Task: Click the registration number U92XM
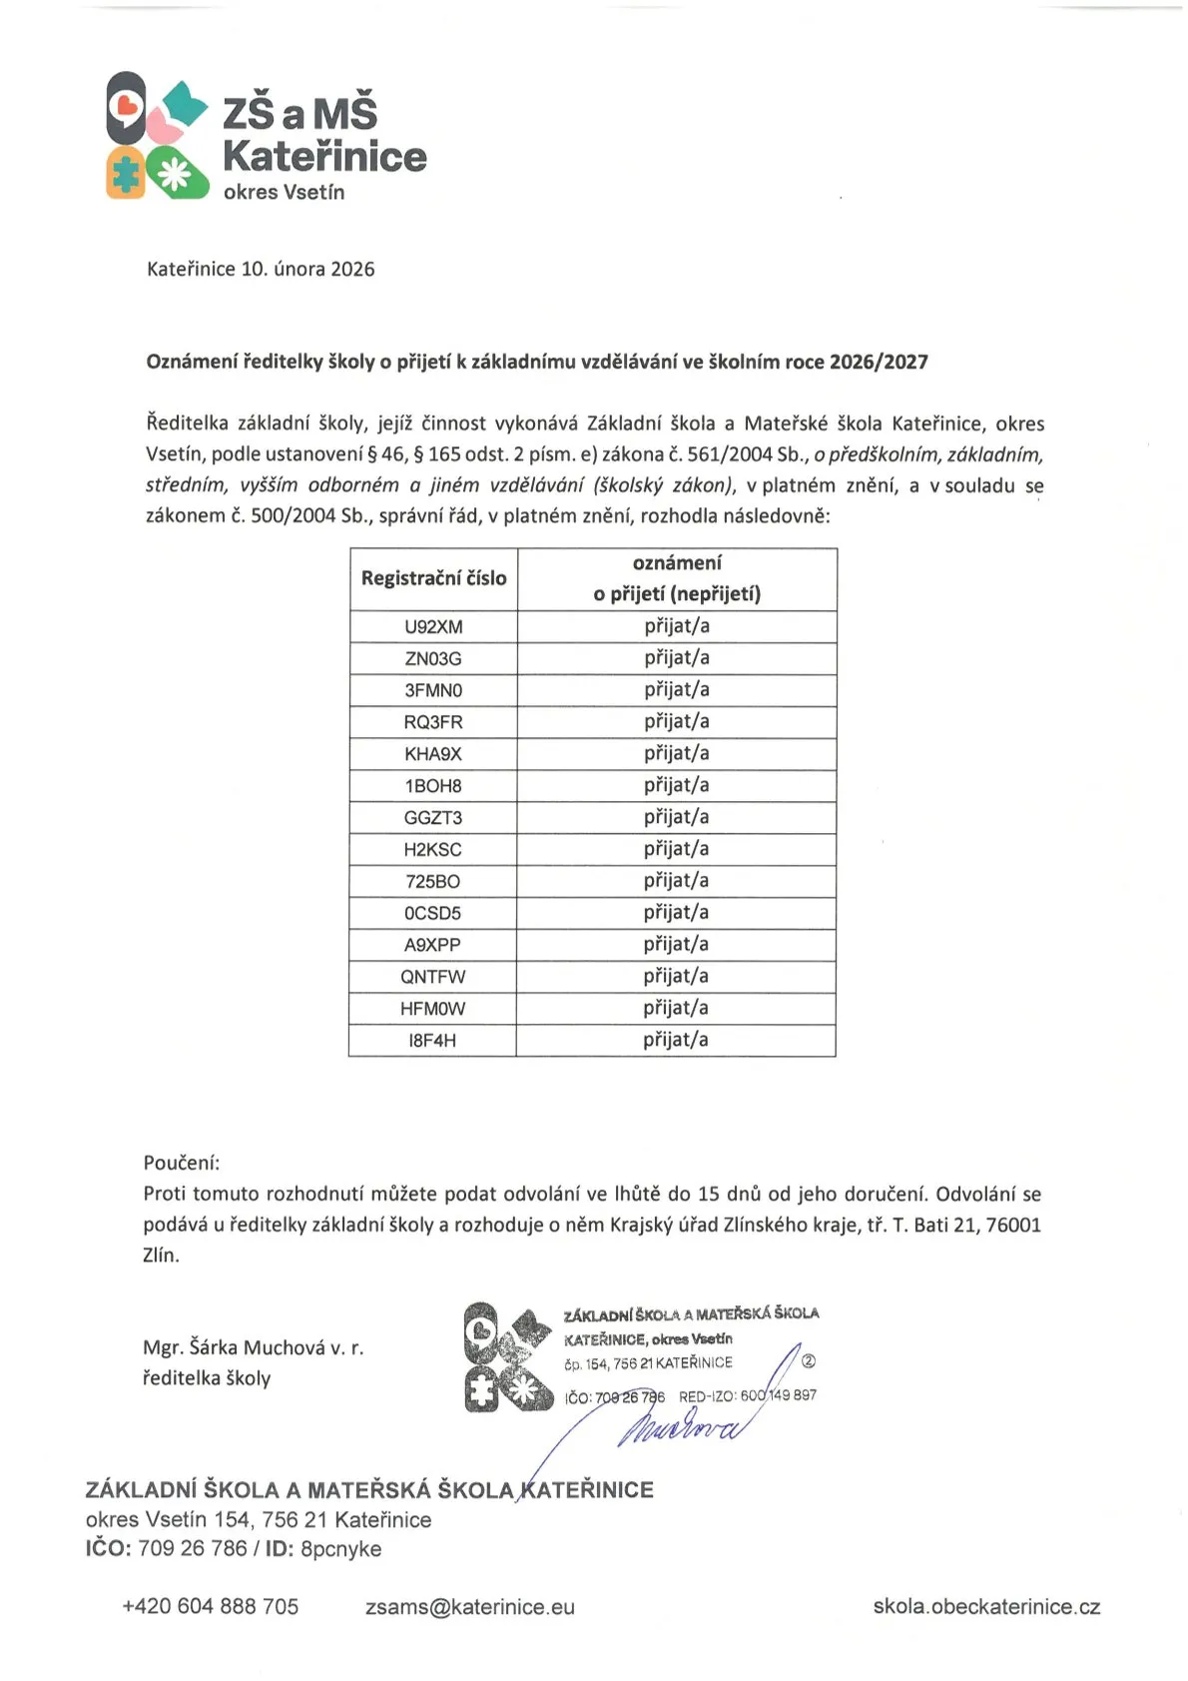(x=433, y=627)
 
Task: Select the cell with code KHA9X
(x=433, y=754)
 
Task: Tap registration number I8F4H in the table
(x=432, y=1041)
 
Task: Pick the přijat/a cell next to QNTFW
(x=676, y=976)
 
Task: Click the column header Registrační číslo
(x=433, y=578)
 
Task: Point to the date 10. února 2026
(x=307, y=269)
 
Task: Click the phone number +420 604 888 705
(x=210, y=1606)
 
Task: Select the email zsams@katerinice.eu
(x=469, y=1607)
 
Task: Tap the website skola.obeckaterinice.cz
(x=986, y=1607)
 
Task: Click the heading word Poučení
(x=181, y=1163)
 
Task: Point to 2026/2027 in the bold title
(x=879, y=362)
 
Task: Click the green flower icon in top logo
(x=176, y=173)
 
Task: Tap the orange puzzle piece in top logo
(x=126, y=173)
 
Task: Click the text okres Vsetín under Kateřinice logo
(x=284, y=192)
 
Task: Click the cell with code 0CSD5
(x=432, y=913)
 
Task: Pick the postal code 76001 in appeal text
(x=1013, y=1225)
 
